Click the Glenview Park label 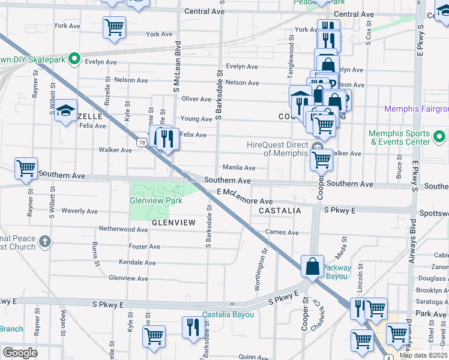[156, 200]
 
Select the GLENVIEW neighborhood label [173, 223]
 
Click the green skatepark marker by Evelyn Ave [74, 59]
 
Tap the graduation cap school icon [65, 111]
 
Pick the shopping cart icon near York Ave [113, 26]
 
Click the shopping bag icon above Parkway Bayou [313, 265]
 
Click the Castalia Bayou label [228, 314]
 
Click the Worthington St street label [261, 271]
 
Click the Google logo [19, 353]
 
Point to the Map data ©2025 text [423, 355]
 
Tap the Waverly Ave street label [79, 211]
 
